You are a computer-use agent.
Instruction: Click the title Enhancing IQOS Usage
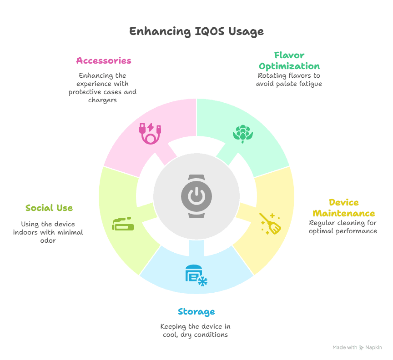(x=196, y=31)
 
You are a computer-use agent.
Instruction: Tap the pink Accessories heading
(x=104, y=61)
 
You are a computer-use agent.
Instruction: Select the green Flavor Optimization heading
(x=289, y=61)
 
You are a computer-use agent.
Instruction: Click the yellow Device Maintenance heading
(x=343, y=208)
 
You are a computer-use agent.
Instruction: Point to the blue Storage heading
(x=196, y=312)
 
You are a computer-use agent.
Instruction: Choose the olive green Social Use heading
(x=49, y=208)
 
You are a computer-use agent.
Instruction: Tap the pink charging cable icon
(x=151, y=133)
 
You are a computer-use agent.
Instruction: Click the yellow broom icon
(x=270, y=223)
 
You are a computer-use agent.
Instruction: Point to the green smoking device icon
(x=123, y=224)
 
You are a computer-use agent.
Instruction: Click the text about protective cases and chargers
(x=102, y=88)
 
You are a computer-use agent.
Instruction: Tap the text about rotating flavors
(x=289, y=80)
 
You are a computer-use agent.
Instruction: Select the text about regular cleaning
(x=343, y=227)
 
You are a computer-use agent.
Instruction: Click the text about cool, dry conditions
(x=195, y=330)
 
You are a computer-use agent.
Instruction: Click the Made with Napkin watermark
(x=357, y=347)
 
